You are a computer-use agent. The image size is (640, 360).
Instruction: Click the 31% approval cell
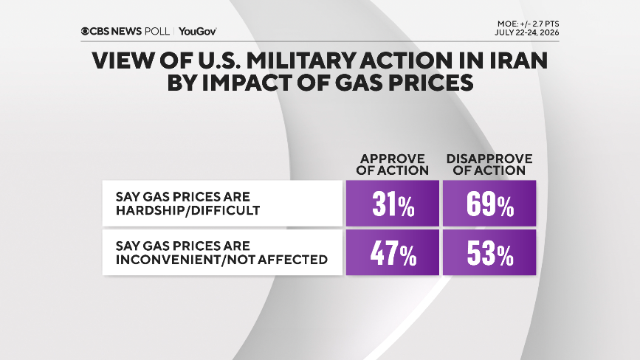tap(393, 203)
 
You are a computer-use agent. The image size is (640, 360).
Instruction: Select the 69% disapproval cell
tap(489, 203)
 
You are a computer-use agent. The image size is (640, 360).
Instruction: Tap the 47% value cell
tap(393, 252)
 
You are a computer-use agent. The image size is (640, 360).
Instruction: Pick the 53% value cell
tap(489, 252)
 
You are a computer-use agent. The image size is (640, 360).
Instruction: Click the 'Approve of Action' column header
tap(392, 165)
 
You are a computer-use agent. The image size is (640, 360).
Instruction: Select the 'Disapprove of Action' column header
tap(489, 165)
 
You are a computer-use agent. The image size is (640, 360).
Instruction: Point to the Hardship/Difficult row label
tap(187, 203)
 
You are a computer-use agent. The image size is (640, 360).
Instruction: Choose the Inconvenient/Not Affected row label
tap(221, 252)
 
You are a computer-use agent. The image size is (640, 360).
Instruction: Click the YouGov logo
tap(198, 32)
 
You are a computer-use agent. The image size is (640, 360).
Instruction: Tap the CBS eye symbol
tap(85, 32)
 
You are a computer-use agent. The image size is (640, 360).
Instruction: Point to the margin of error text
tap(528, 24)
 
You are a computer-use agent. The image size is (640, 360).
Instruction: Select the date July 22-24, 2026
tap(527, 32)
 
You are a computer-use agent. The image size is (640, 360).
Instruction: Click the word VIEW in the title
tap(123, 60)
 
